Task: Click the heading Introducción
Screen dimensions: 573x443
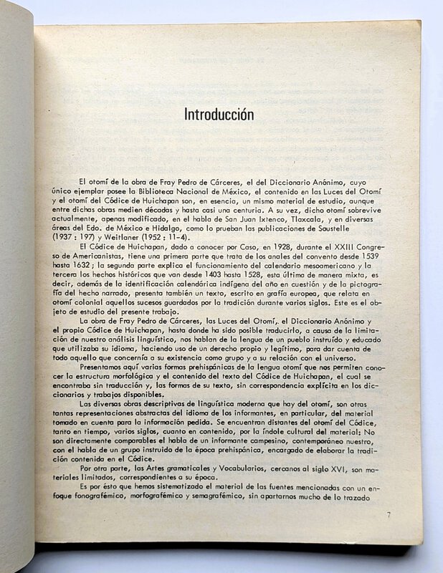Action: (x=219, y=114)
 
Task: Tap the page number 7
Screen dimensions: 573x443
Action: (x=388, y=514)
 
